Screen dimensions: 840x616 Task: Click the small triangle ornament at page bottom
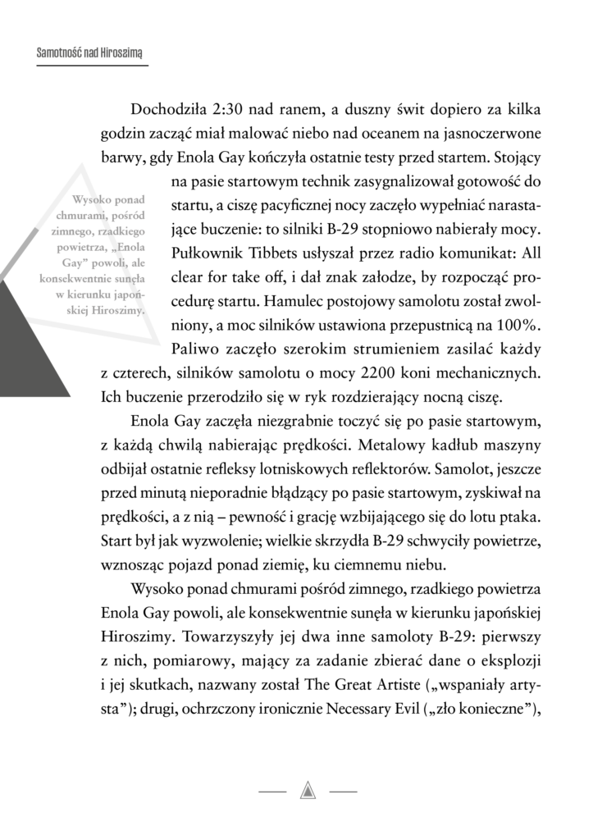pyautogui.click(x=308, y=791)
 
